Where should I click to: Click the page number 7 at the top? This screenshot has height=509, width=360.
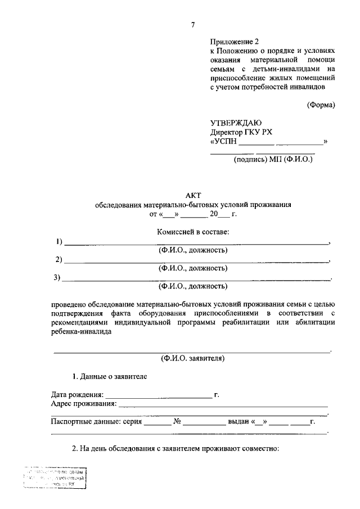pyautogui.click(x=193, y=25)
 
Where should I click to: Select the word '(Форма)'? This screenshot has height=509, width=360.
pyautogui.click(x=321, y=105)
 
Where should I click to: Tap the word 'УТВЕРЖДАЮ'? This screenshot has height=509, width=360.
pyautogui.click(x=236, y=123)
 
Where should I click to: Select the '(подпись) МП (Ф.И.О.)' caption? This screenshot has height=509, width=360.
pyautogui.click(x=273, y=159)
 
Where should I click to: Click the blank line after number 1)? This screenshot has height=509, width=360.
pyautogui.click(x=197, y=244)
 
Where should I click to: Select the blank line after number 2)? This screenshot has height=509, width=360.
pyautogui.click(x=197, y=262)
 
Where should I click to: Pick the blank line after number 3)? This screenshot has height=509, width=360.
pyautogui.click(x=197, y=279)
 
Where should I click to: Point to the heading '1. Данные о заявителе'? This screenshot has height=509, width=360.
pyautogui.click(x=110, y=376)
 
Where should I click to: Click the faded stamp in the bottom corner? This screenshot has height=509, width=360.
pyautogui.click(x=55, y=479)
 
